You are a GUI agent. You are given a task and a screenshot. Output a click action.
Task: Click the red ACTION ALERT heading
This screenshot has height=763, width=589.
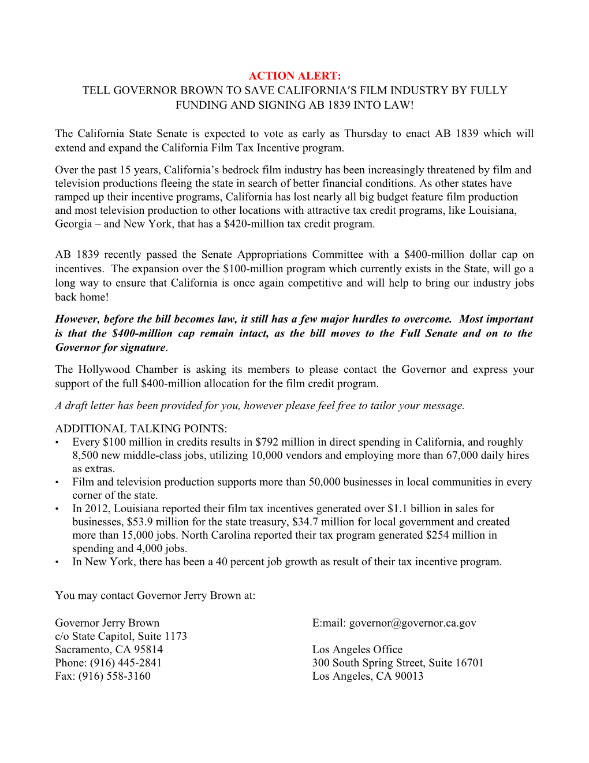click(294, 76)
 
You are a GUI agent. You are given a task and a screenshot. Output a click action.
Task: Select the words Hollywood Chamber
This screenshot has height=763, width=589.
click(128, 369)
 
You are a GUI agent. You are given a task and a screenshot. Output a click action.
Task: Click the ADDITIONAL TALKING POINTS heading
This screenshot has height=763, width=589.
click(141, 428)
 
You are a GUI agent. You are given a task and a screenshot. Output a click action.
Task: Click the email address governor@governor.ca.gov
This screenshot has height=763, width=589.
click(412, 623)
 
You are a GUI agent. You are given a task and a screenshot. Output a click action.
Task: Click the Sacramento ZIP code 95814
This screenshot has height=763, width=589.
click(148, 650)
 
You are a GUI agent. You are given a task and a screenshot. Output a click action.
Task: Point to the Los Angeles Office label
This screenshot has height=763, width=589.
click(357, 650)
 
